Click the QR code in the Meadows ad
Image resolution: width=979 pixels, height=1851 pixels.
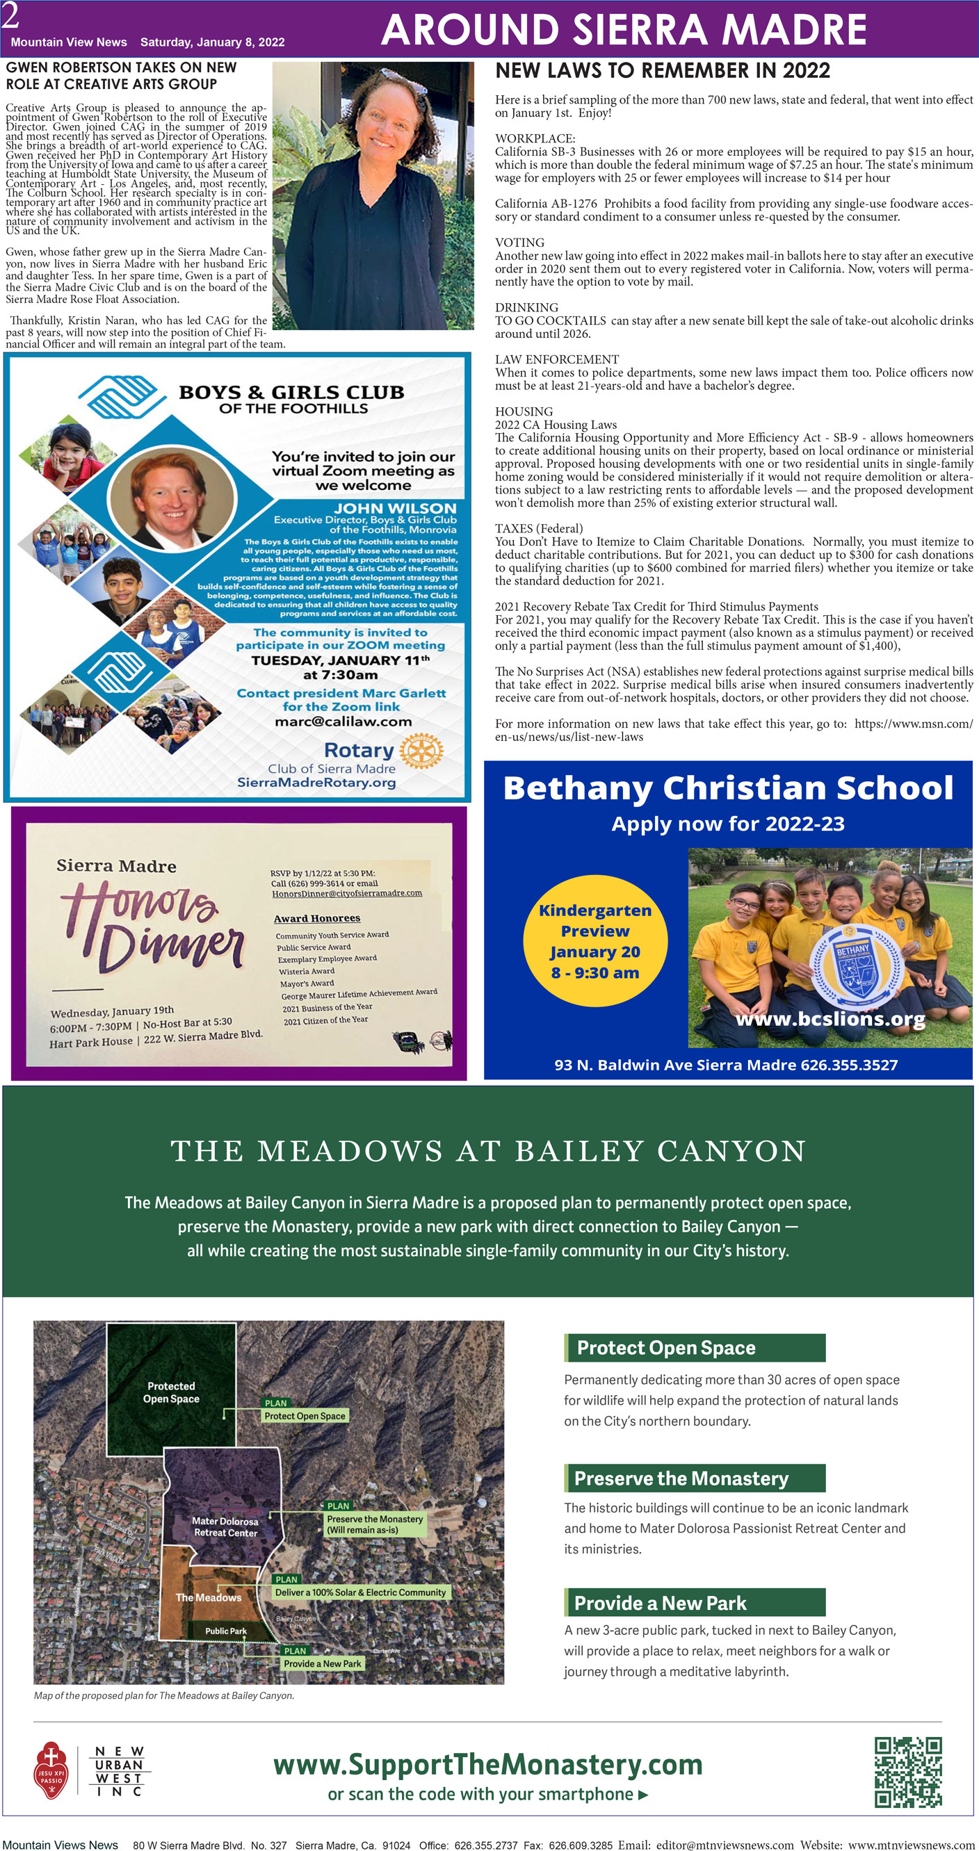point(907,1772)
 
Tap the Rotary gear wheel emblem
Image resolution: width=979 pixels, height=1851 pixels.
point(421,751)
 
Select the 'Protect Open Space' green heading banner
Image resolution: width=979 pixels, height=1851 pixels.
point(695,1347)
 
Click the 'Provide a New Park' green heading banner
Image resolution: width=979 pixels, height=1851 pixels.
point(695,1602)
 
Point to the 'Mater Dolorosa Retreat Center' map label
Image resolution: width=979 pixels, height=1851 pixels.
point(225,1526)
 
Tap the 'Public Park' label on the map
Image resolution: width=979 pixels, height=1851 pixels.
point(226,1631)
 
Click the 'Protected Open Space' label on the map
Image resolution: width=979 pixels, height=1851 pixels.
point(171,1392)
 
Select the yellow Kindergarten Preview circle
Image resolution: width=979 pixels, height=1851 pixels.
point(594,940)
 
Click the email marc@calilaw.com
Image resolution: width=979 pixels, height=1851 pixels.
point(343,721)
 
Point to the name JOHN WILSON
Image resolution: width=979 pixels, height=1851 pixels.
point(395,507)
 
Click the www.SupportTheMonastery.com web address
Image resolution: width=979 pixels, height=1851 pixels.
point(487,1764)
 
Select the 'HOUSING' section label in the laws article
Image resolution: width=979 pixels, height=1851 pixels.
point(524,411)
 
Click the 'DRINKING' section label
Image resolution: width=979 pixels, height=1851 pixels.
point(526,307)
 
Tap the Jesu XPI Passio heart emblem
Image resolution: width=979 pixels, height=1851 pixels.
point(51,1772)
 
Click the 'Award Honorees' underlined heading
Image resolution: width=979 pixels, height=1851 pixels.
point(316,918)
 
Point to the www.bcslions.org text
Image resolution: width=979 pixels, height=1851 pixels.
point(830,1018)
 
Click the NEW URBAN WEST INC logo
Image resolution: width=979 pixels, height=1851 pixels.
point(119,1771)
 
